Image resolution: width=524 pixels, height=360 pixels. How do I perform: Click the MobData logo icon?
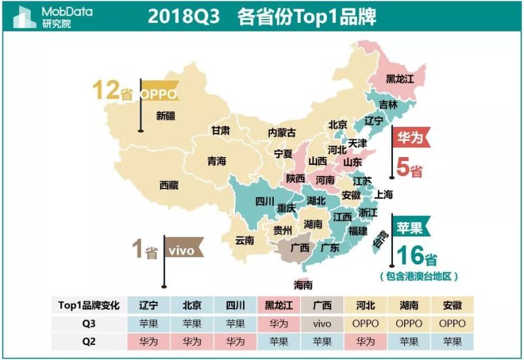click(24, 16)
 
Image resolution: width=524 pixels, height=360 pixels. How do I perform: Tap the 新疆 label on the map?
click(166, 116)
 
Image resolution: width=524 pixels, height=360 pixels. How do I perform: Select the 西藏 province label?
click(169, 185)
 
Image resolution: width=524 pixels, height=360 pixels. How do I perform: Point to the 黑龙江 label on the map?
click(400, 79)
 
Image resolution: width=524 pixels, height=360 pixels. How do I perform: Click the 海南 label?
click(303, 285)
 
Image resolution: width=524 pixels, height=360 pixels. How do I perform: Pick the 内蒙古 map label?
click(282, 132)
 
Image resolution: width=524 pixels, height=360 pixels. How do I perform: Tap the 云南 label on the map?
click(245, 240)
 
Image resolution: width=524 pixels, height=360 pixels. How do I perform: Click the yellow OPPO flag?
click(159, 94)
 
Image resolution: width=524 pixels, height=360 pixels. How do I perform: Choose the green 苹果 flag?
click(411, 226)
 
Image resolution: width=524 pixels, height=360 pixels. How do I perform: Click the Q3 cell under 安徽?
click(453, 323)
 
